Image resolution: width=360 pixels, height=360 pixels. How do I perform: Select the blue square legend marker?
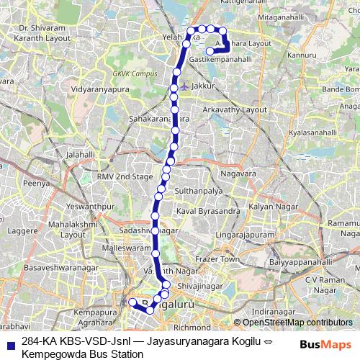(x=9, y=343)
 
